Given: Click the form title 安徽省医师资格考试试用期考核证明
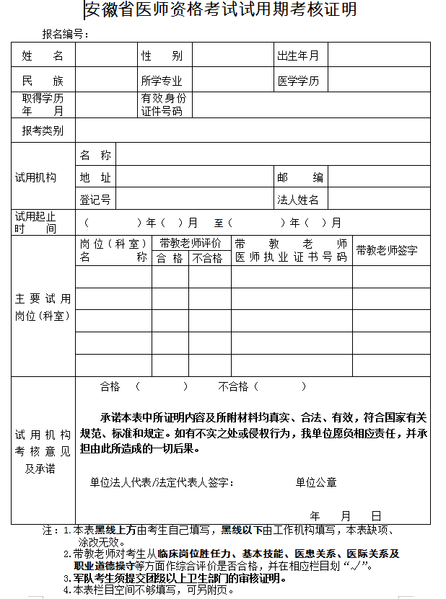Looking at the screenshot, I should (x=220, y=10).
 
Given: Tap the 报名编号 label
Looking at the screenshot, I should (x=65, y=34).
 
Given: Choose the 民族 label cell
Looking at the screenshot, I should (x=43, y=81).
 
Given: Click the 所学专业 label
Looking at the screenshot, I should (x=162, y=81).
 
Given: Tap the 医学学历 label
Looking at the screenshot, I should (x=298, y=81).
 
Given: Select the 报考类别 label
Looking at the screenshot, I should (x=43, y=130).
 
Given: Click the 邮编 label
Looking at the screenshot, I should (x=300, y=177).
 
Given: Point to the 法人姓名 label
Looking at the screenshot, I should (x=298, y=200).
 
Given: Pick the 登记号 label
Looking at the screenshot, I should (x=95, y=200).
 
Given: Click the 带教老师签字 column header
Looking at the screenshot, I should (x=387, y=250).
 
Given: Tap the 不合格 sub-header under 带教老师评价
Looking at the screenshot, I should (x=206, y=258).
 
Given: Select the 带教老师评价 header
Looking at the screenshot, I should (x=191, y=244).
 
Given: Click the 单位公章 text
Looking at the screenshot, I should (x=316, y=482).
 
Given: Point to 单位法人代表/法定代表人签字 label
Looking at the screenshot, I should (x=161, y=482).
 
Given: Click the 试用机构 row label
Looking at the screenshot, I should (x=36, y=177).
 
